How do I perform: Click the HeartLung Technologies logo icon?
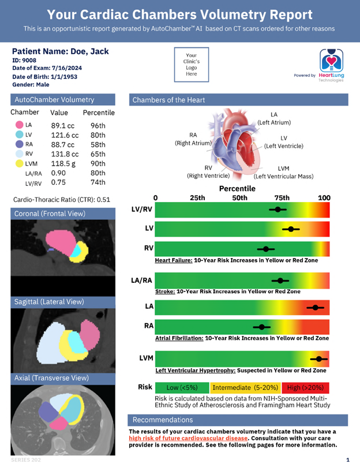[x=331, y=60]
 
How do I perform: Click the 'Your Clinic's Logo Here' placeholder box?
[x=191, y=65]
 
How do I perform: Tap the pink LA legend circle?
[x=20, y=125]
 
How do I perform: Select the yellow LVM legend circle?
[x=20, y=164]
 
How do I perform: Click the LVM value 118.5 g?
[x=64, y=164]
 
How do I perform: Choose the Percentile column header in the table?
[x=99, y=113]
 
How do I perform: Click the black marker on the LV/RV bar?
[x=278, y=209]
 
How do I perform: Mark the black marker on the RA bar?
[x=262, y=327]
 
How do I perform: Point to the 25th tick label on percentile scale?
[x=197, y=198]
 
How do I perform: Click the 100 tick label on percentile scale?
[x=324, y=198]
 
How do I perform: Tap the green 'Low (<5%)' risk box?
[x=181, y=387]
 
